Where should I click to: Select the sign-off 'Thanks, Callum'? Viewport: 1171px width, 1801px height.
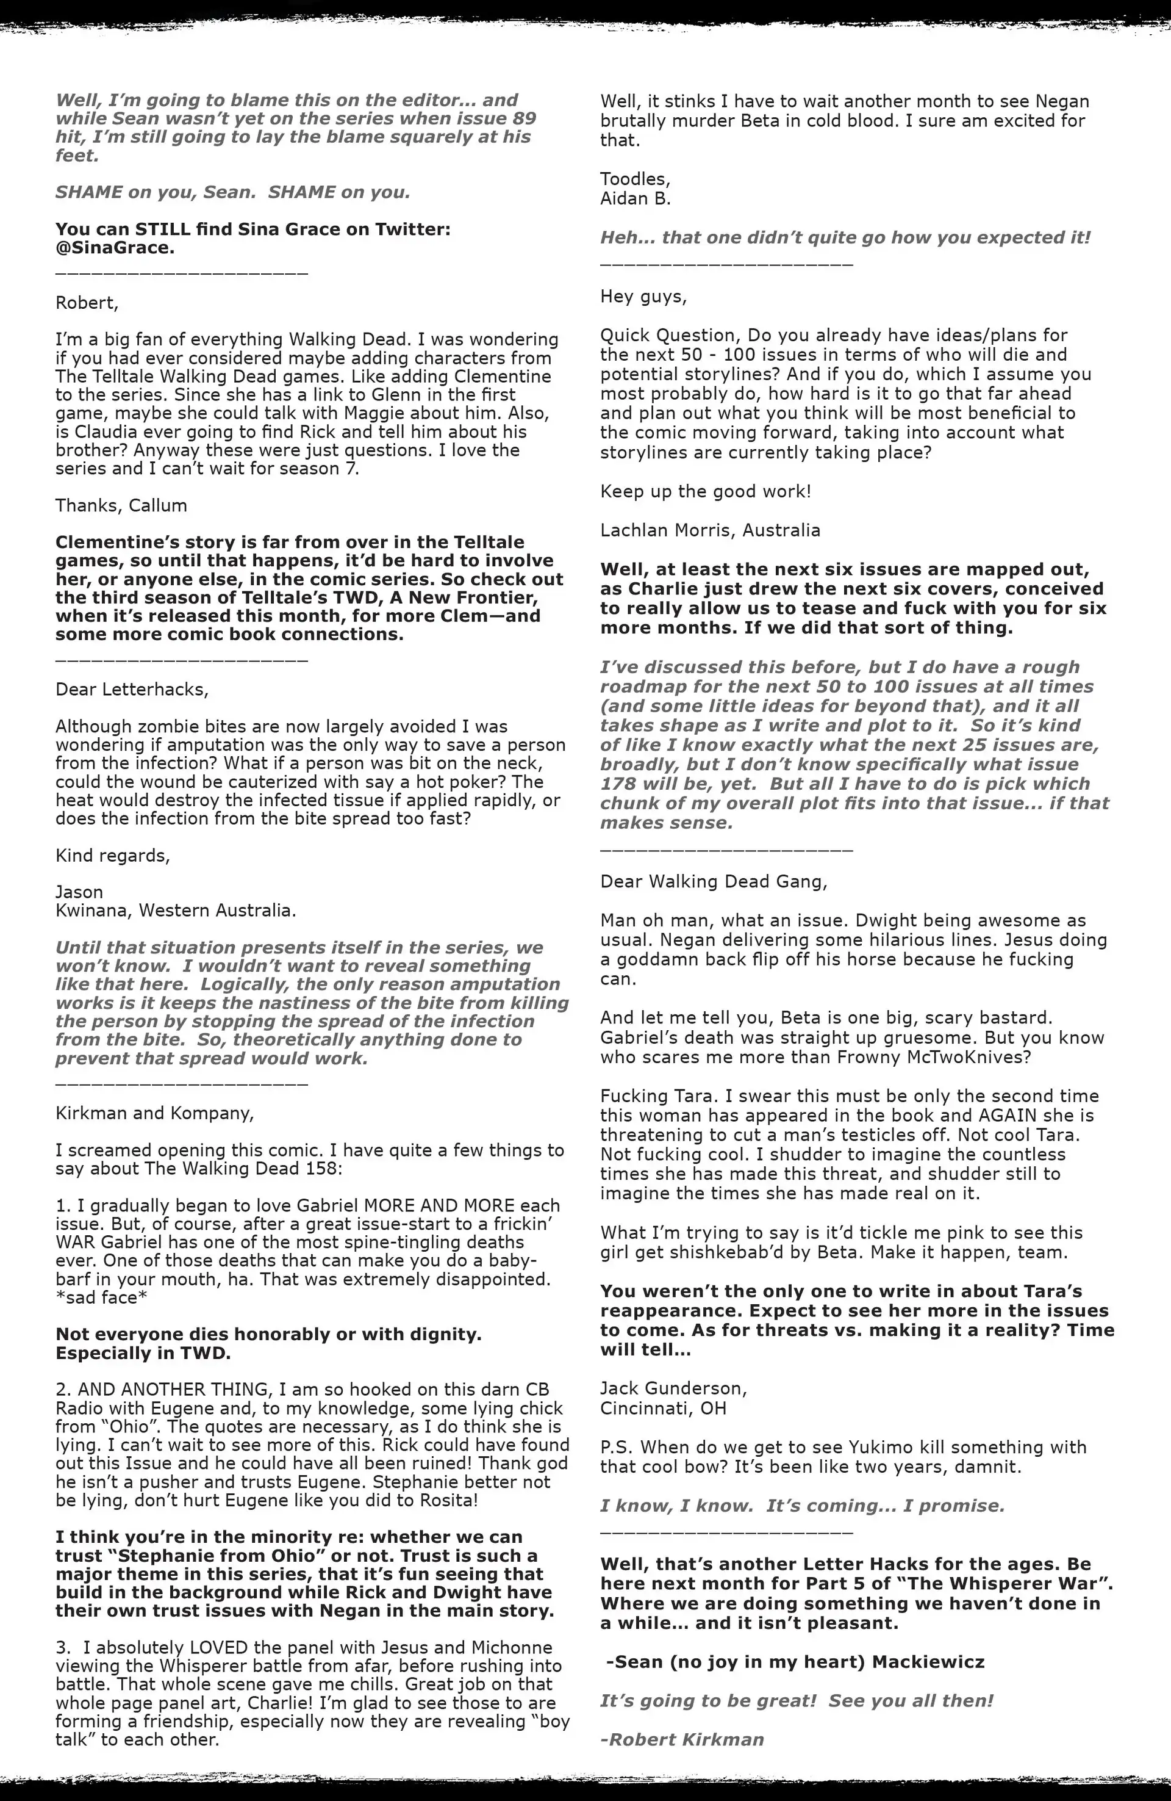tap(121, 505)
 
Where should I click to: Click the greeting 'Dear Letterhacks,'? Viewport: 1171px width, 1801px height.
tap(132, 690)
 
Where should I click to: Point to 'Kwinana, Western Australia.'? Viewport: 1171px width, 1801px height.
tap(176, 911)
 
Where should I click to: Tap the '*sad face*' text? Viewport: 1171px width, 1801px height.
tap(97, 1298)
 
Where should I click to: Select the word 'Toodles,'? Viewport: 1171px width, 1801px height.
tap(635, 179)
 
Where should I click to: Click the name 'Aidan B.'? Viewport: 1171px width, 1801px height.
tap(636, 199)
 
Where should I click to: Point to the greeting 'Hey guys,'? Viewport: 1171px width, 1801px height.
tap(643, 297)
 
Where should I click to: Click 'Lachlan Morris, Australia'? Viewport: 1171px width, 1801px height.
tap(709, 530)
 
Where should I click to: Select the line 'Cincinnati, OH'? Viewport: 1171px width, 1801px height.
tap(663, 1408)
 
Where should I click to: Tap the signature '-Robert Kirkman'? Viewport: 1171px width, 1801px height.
tap(682, 1740)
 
